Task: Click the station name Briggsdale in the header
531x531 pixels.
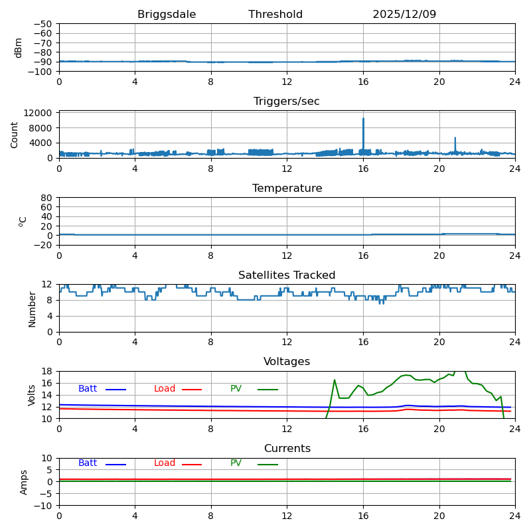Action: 167,15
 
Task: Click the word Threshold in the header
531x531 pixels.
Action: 275,15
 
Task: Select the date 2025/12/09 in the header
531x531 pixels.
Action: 404,15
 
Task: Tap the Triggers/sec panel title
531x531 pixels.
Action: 287,102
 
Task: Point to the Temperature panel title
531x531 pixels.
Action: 287,189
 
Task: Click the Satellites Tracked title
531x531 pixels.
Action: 287,275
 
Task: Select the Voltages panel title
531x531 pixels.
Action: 287,362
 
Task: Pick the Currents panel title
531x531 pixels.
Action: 287,449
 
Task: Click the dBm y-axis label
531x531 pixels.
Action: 19,47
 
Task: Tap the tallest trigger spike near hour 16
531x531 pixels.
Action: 363,119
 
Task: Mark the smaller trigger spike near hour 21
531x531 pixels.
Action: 455,139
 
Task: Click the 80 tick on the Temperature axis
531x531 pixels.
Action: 47,198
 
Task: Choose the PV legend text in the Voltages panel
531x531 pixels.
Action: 236,389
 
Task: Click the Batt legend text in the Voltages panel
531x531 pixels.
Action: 88,389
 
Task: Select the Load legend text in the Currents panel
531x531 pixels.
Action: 165,463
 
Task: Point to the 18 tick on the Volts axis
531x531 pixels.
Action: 47,371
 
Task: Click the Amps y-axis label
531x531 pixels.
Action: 24,482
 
